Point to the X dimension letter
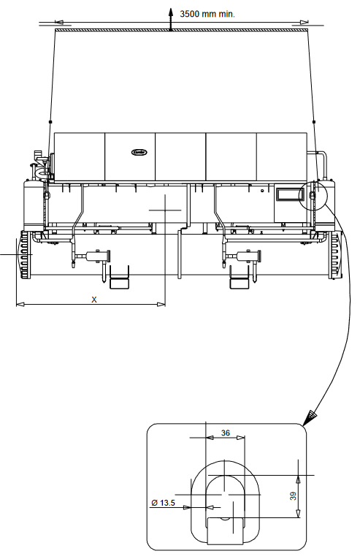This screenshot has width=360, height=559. pos(93,298)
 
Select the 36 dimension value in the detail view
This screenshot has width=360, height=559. pos(225,433)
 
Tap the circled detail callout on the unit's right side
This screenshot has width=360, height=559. pos(314,196)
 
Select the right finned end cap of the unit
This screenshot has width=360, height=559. pos(335,254)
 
